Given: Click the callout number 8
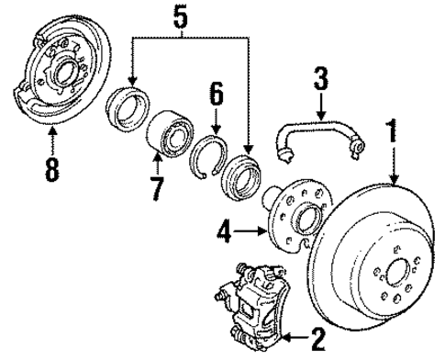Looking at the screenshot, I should pyautogui.click(x=52, y=169).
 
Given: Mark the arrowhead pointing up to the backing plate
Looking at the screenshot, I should pyautogui.click(x=52, y=134).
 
